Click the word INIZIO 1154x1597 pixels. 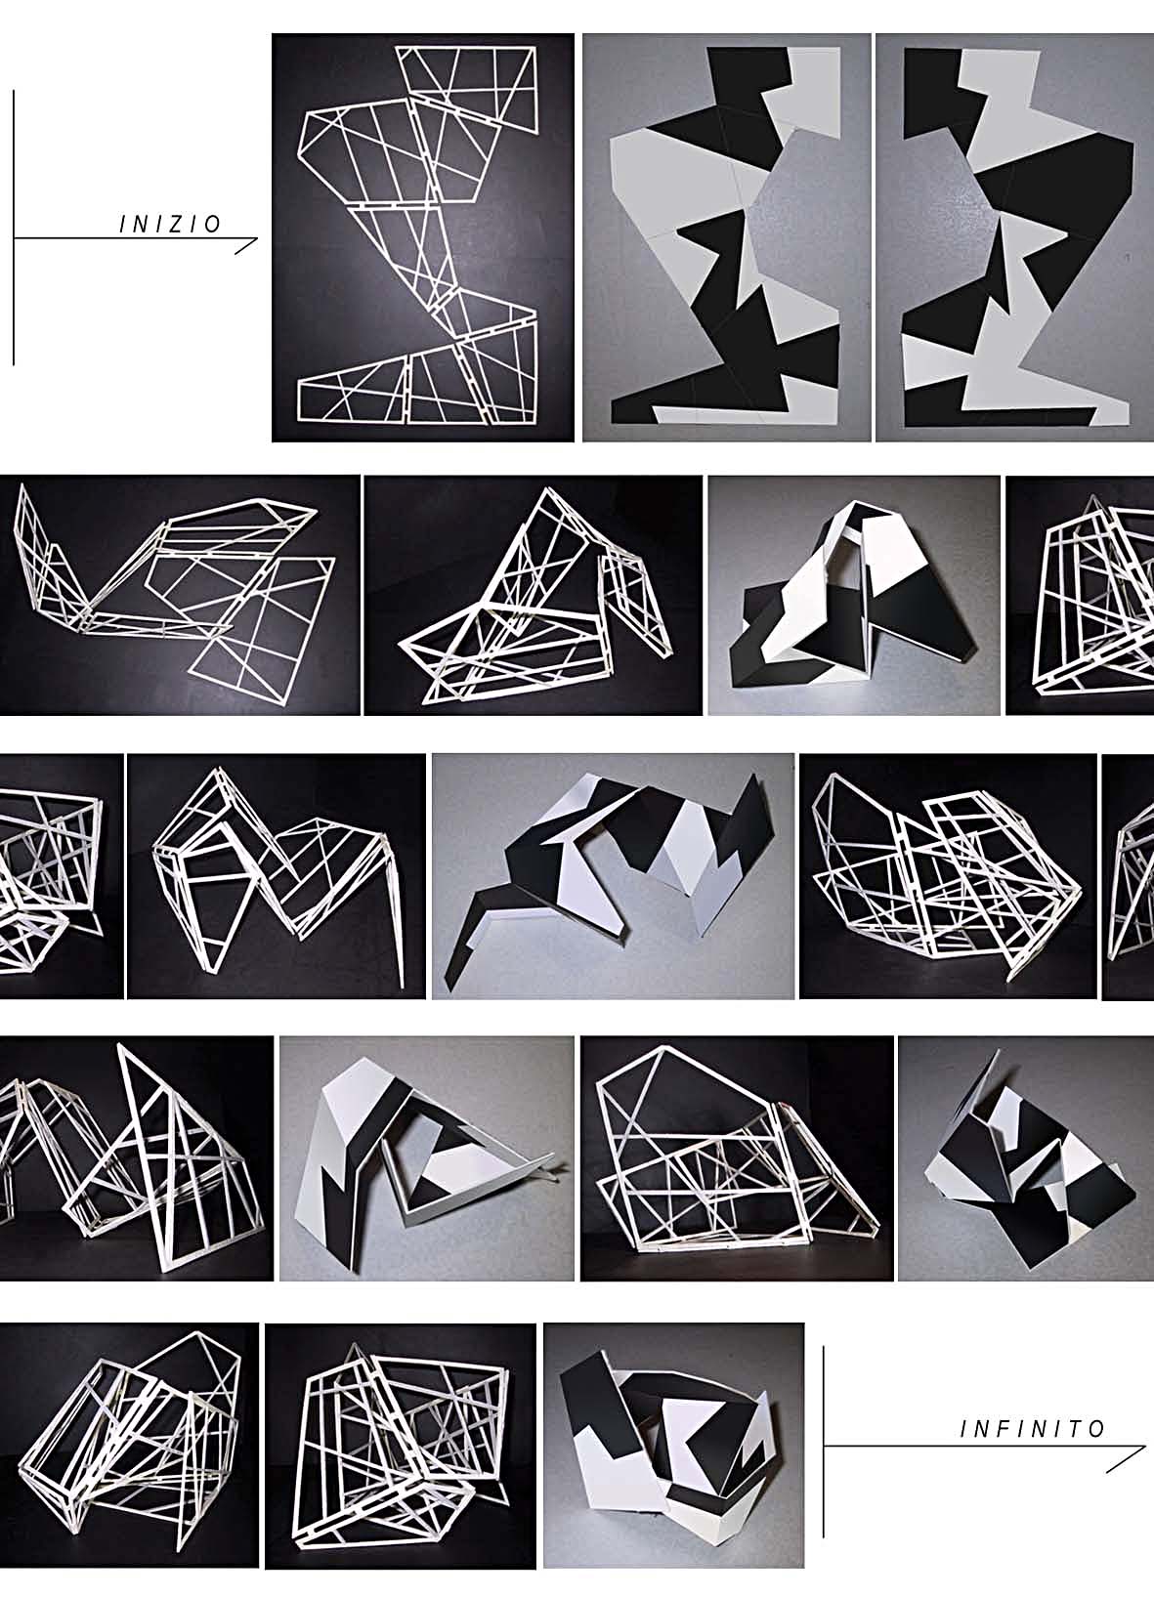(170, 225)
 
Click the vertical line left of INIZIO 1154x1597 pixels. (14, 228)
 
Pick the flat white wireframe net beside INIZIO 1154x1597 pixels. (423, 237)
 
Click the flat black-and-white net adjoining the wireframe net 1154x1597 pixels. (726, 237)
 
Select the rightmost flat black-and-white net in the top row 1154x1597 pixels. (1015, 237)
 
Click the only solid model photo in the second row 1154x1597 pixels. (854, 595)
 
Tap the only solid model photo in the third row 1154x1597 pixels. (613, 876)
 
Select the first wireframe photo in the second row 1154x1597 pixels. (180, 595)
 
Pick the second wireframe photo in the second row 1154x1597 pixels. (533, 595)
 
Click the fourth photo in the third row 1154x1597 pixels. (948, 876)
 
